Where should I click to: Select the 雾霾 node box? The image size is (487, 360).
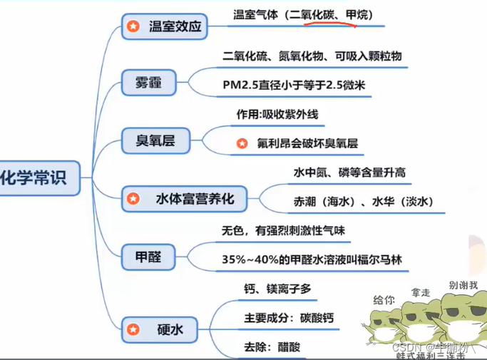149,83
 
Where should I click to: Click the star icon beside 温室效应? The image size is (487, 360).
133,28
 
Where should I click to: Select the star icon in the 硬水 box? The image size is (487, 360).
133,329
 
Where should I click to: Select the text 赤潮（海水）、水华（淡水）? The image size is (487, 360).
354,201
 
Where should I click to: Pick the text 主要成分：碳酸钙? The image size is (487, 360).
288,317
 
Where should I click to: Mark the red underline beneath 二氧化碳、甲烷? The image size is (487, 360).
329,23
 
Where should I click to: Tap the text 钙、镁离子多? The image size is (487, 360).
276,288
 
